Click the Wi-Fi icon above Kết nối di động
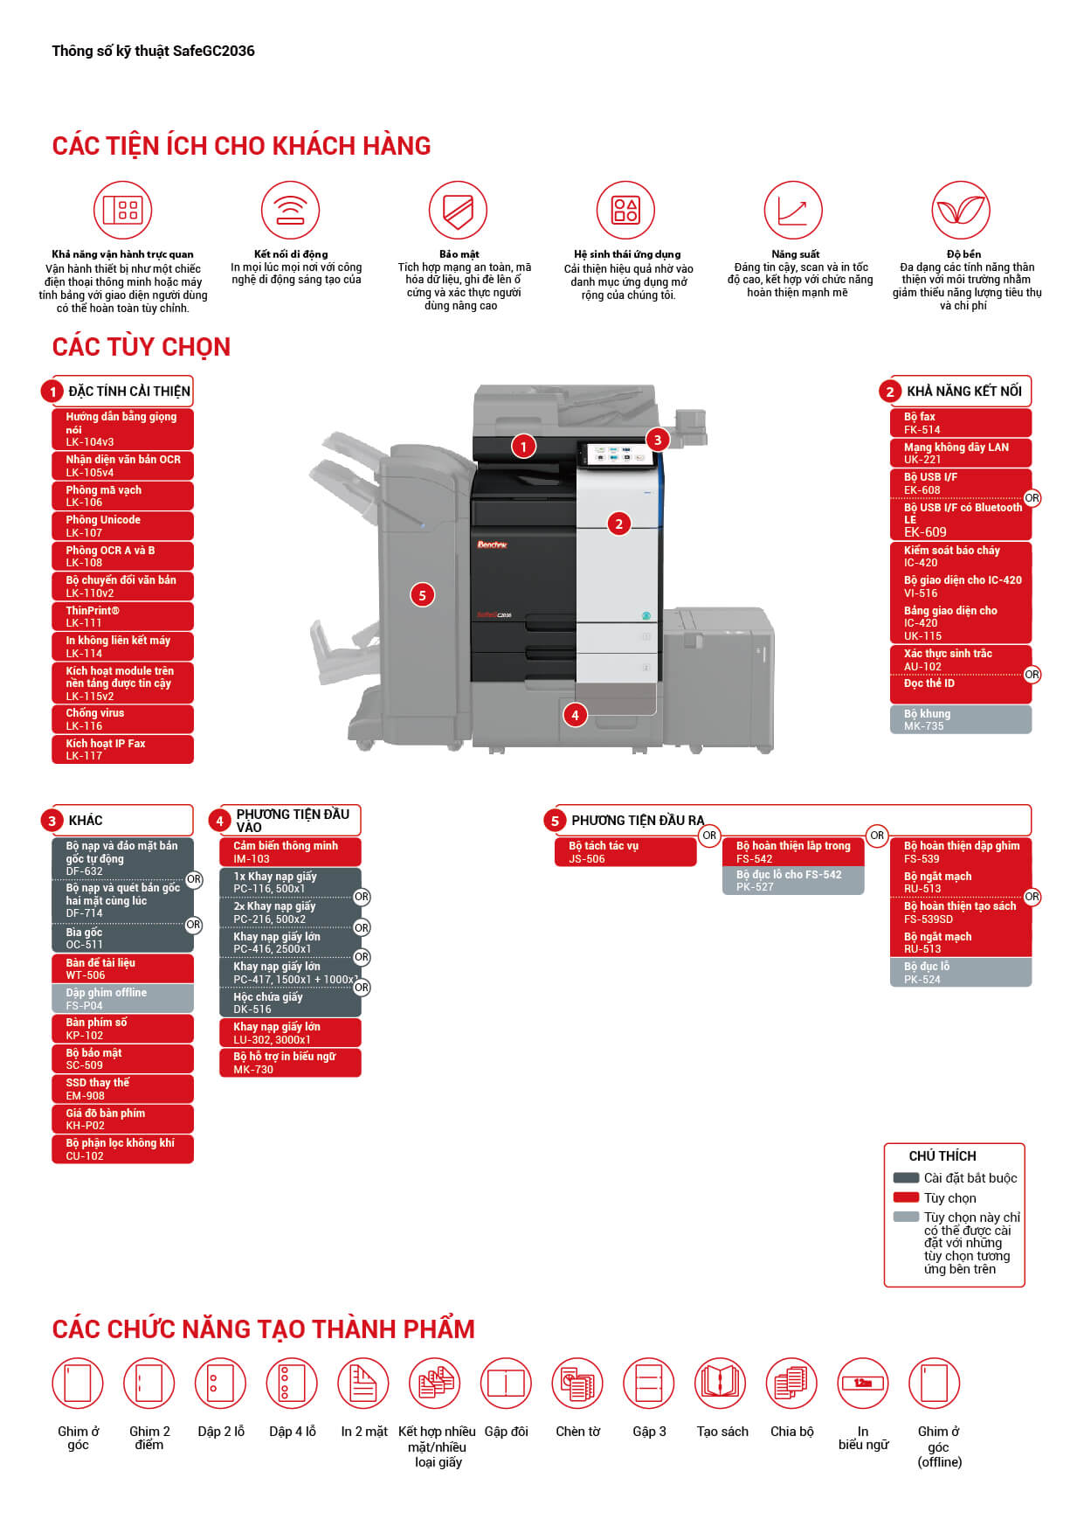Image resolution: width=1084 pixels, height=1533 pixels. coord(290,211)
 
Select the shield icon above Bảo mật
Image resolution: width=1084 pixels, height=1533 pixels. coord(458,211)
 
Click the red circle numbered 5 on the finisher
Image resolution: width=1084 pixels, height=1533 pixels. coord(422,595)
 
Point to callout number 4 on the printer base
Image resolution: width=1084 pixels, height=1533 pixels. coord(575,715)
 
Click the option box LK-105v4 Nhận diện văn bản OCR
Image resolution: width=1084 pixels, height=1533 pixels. coord(122,466)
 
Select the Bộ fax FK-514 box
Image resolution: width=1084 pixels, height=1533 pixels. coord(960,423)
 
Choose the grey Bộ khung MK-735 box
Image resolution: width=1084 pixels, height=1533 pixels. coord(960,719)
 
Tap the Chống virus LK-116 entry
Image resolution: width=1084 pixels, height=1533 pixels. coord(122,719)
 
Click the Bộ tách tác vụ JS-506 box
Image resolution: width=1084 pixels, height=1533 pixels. coord(625,852)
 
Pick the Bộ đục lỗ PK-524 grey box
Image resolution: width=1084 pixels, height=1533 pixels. coord(960,973)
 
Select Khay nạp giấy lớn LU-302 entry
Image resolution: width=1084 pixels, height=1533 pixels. coord(290,1033)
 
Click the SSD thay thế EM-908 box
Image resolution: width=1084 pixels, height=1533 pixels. coord(122,1089)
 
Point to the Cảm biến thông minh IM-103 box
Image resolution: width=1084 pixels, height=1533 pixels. coord(290,852)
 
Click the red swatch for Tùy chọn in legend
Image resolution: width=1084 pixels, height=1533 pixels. coord(906,1197)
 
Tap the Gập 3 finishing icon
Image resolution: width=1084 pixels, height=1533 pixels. coord(648,1383)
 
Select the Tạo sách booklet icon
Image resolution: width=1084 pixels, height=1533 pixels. coord(720,1383)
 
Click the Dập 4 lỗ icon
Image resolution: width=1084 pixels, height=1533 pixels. coord(291,1383)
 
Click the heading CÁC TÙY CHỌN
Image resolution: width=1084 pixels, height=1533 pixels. coord(142,347)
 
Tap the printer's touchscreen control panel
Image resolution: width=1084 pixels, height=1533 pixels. coord(615,455)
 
